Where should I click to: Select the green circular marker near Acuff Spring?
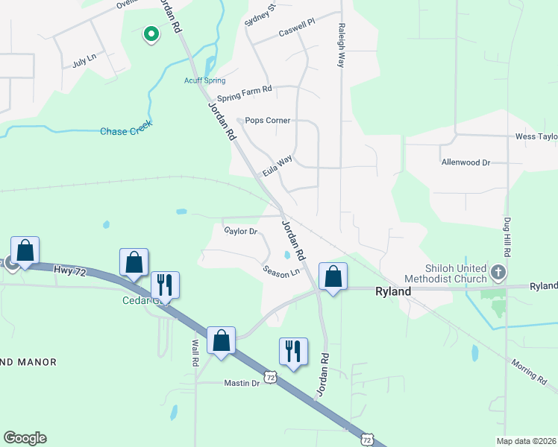[x=151, y=34]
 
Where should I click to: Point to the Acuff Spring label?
[x=204, y=80]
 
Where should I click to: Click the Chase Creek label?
[x=126, y=132]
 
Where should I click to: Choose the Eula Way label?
[x=276, y=165]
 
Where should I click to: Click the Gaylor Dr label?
[x=240, y=231]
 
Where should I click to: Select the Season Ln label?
[x=281, y=271]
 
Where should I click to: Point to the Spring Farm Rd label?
[x=244, y=93]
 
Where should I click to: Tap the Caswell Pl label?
[x=297, y=28]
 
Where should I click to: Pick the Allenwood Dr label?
[x=465, y=162]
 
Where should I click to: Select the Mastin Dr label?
[x=242, y=383]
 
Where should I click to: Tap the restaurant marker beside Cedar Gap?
[x=165, y=285]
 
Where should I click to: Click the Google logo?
[x=25, y=438]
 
